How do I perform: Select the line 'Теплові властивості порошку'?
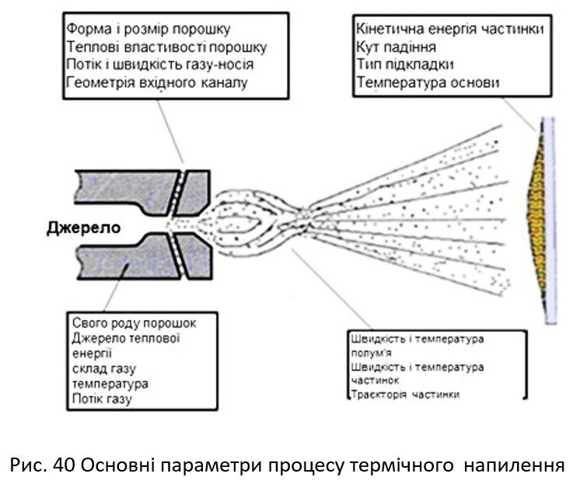point(156,47)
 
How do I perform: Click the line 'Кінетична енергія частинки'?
point(449,30)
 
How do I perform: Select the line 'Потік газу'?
point(102,399)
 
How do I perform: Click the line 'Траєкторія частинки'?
point(405,394)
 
